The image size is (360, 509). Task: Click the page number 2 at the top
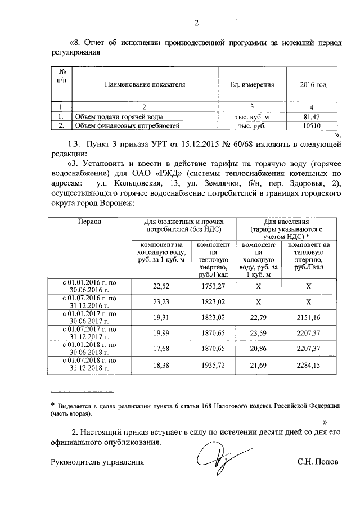tap(197, 23)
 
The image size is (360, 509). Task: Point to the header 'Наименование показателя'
tap(145, 85)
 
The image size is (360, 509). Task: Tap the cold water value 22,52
tap(161, 285)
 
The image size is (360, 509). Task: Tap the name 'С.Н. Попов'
tap(318, 463)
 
